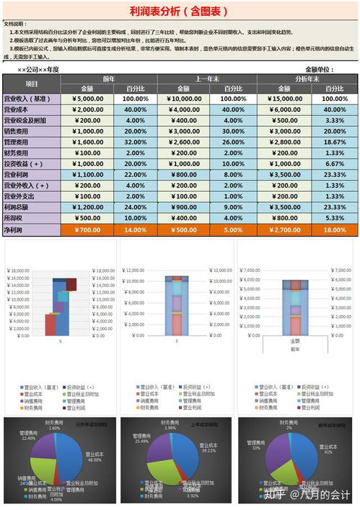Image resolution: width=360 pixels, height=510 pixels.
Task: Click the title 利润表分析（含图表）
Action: click(179, 11)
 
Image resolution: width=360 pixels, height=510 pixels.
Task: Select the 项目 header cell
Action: click(32, 84)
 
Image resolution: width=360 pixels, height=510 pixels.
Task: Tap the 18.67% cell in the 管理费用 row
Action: click(335, 143)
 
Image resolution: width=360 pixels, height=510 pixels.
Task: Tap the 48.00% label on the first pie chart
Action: click(94, 459)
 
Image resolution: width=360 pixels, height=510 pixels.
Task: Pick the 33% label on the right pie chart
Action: click(256, 448)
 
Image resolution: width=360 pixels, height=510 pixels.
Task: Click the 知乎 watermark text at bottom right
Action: click(276, 496)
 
